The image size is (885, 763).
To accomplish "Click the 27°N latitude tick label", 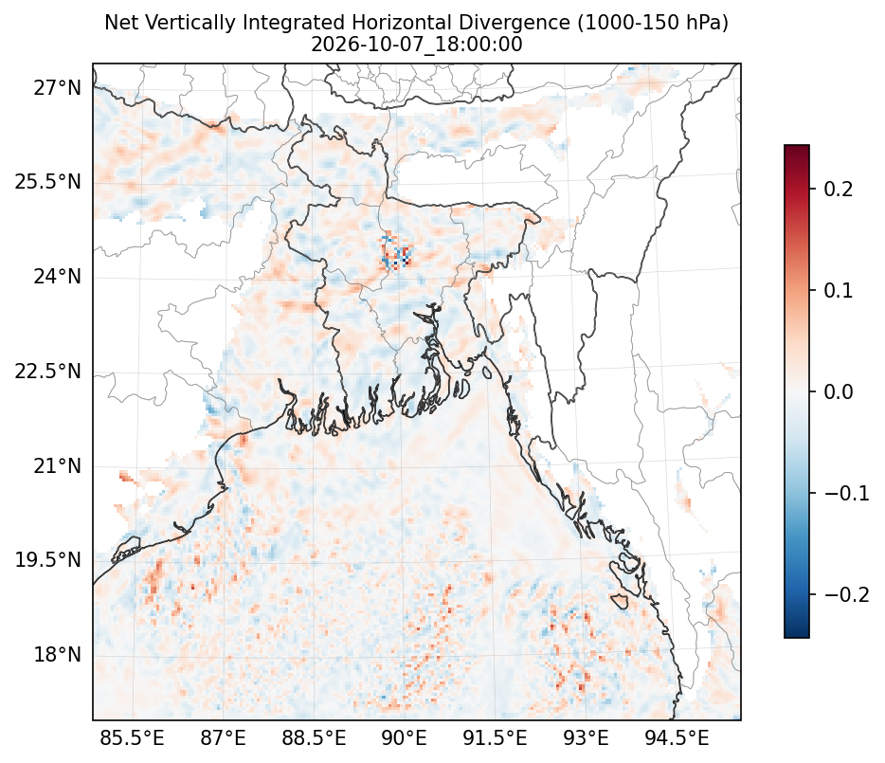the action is (58, 89).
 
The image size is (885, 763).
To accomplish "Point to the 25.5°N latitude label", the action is (48, 182).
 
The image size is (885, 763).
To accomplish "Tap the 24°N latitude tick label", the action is (58, 277).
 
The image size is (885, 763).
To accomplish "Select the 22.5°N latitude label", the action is (48, 372).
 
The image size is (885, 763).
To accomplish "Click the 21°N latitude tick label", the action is (58, 466).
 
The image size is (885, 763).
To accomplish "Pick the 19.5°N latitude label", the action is (48, 560).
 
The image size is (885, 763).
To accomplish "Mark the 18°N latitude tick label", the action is (58, 655).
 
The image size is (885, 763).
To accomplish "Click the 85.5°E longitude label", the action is (132, 738).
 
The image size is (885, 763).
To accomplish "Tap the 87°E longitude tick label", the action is (223, 738).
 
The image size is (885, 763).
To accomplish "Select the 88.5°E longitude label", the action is (314, 738).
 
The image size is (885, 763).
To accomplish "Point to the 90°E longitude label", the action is (404, 738).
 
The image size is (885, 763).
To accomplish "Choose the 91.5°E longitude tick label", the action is (495, 738).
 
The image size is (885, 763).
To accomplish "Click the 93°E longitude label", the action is (586, 738).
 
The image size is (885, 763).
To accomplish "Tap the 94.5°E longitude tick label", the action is (677, 738).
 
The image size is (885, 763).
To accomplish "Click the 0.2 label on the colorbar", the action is (839, 190).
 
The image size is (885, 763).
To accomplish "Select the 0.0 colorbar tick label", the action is (839, 391).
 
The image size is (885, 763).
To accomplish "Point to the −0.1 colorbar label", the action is (846, 493).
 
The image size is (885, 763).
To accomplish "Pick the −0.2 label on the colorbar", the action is (846, 594).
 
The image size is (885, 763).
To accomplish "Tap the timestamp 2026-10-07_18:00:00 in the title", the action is (417, 44).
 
